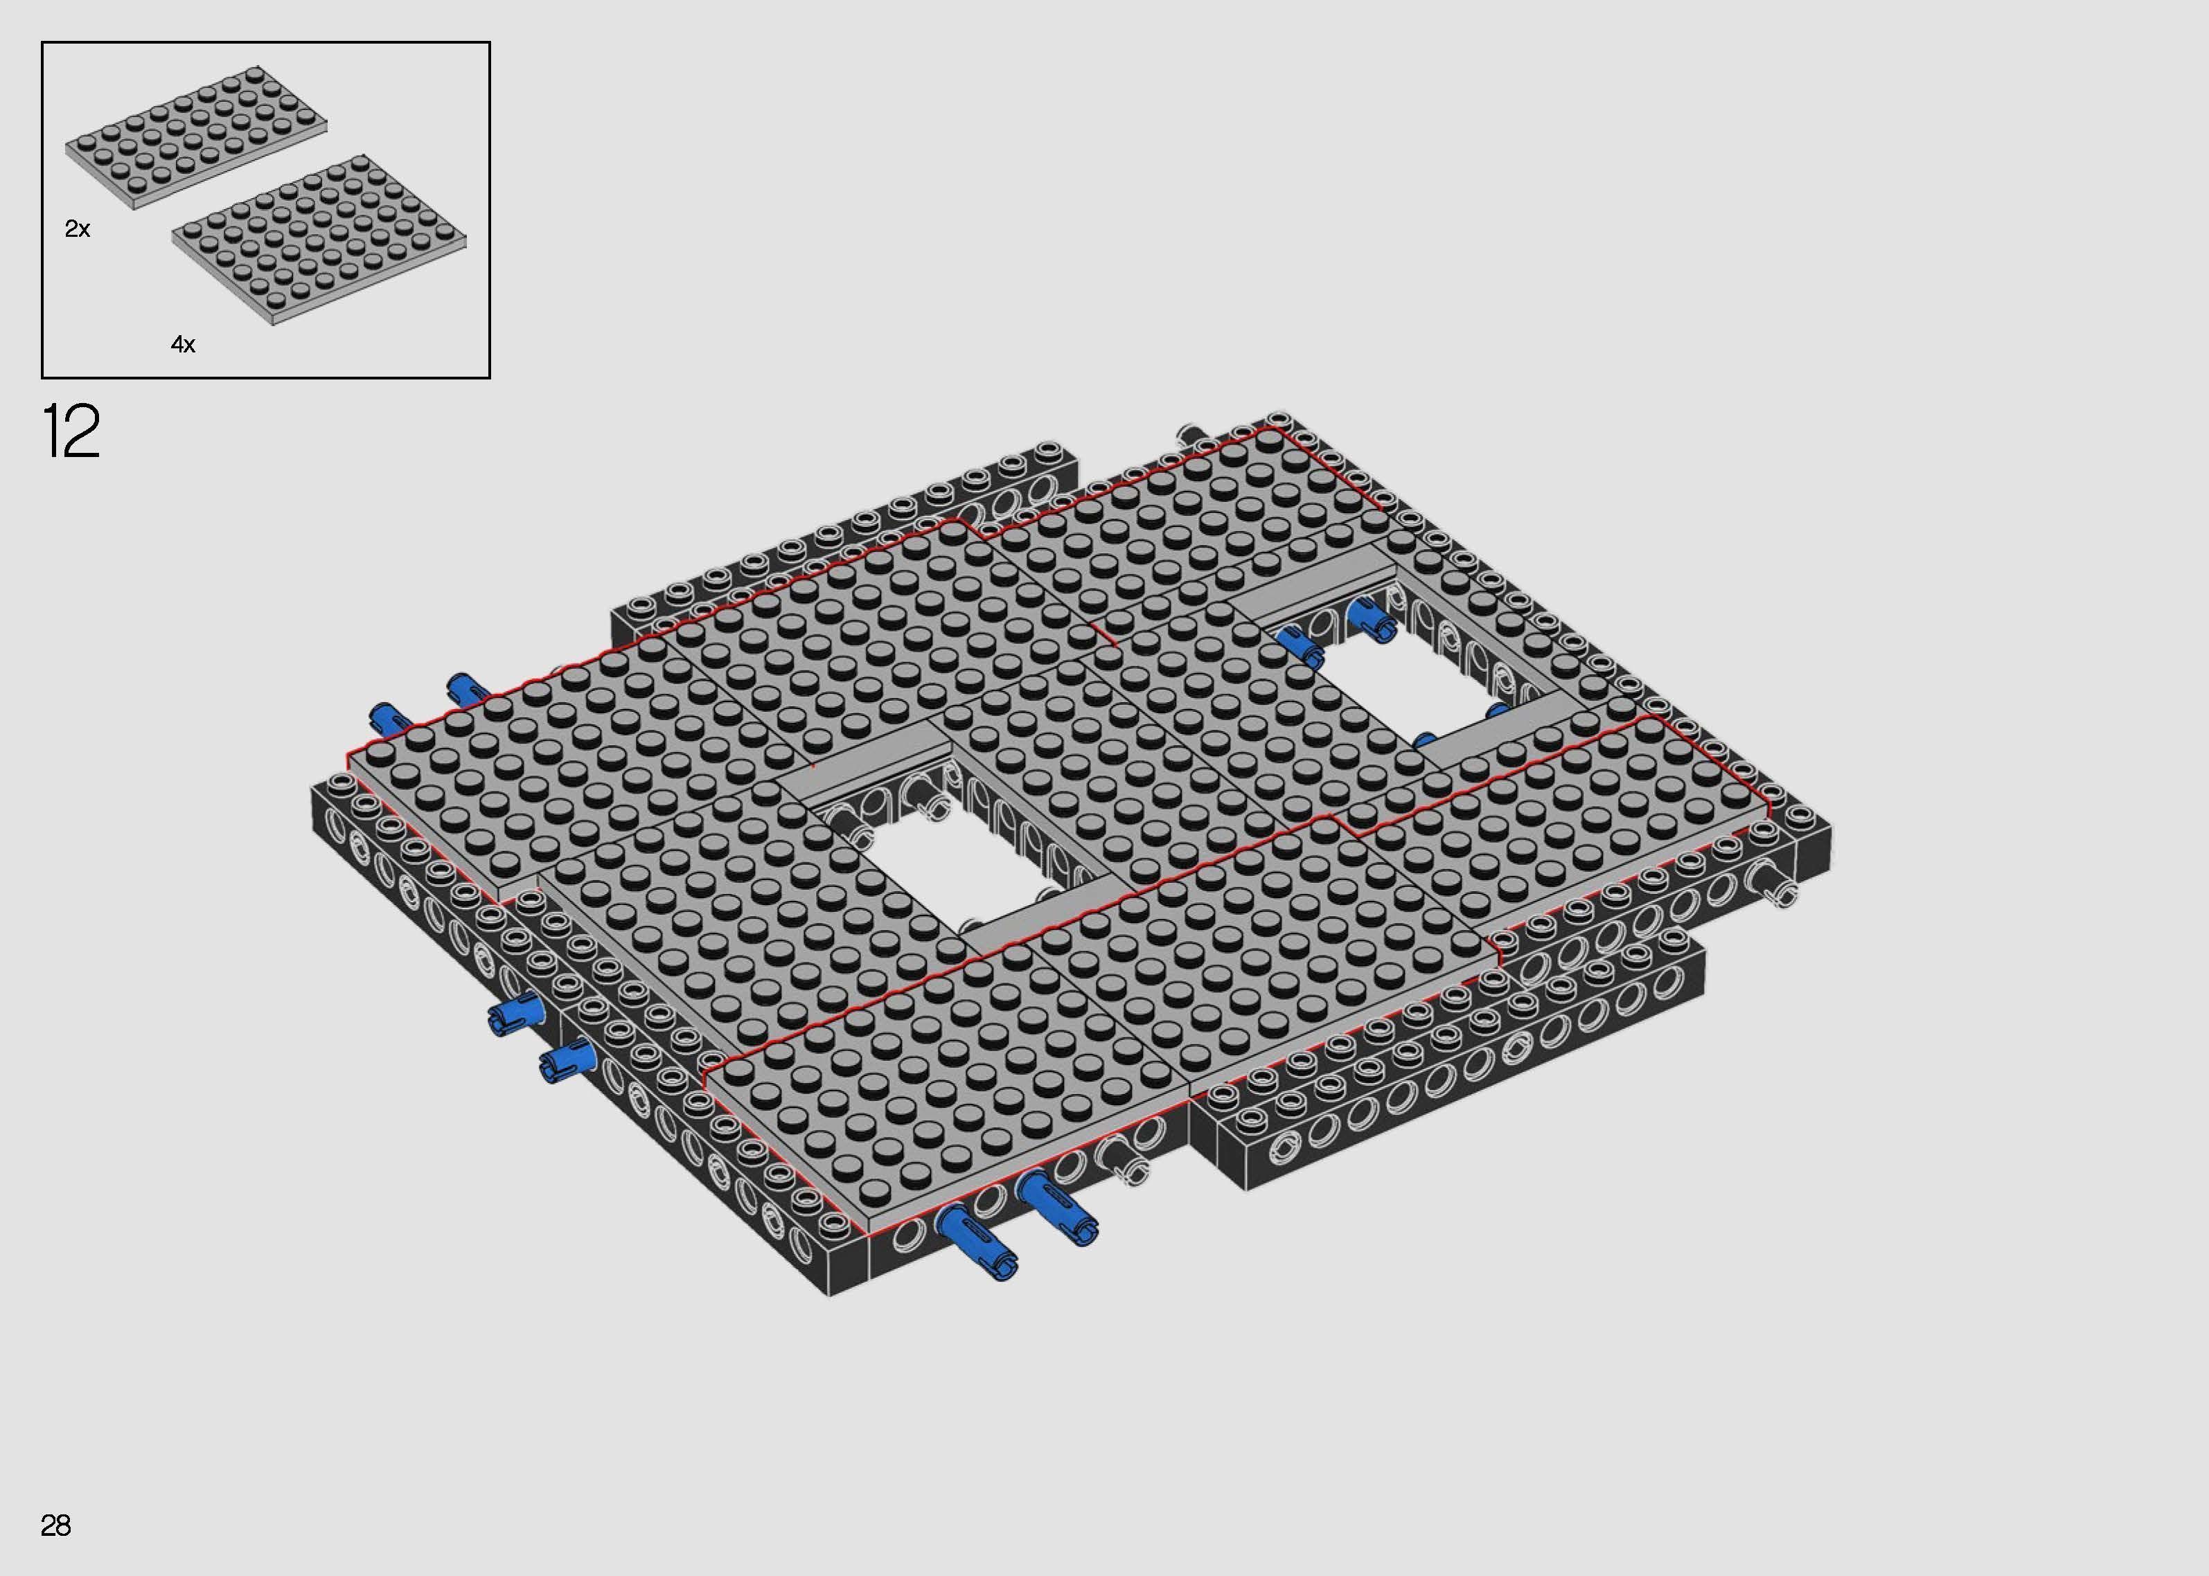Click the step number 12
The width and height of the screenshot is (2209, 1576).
point(71,433)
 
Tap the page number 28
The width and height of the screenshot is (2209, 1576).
point(55,1525)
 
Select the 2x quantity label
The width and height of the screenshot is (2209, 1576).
point(78,229)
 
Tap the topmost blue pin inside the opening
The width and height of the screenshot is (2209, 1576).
point(1369,617)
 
